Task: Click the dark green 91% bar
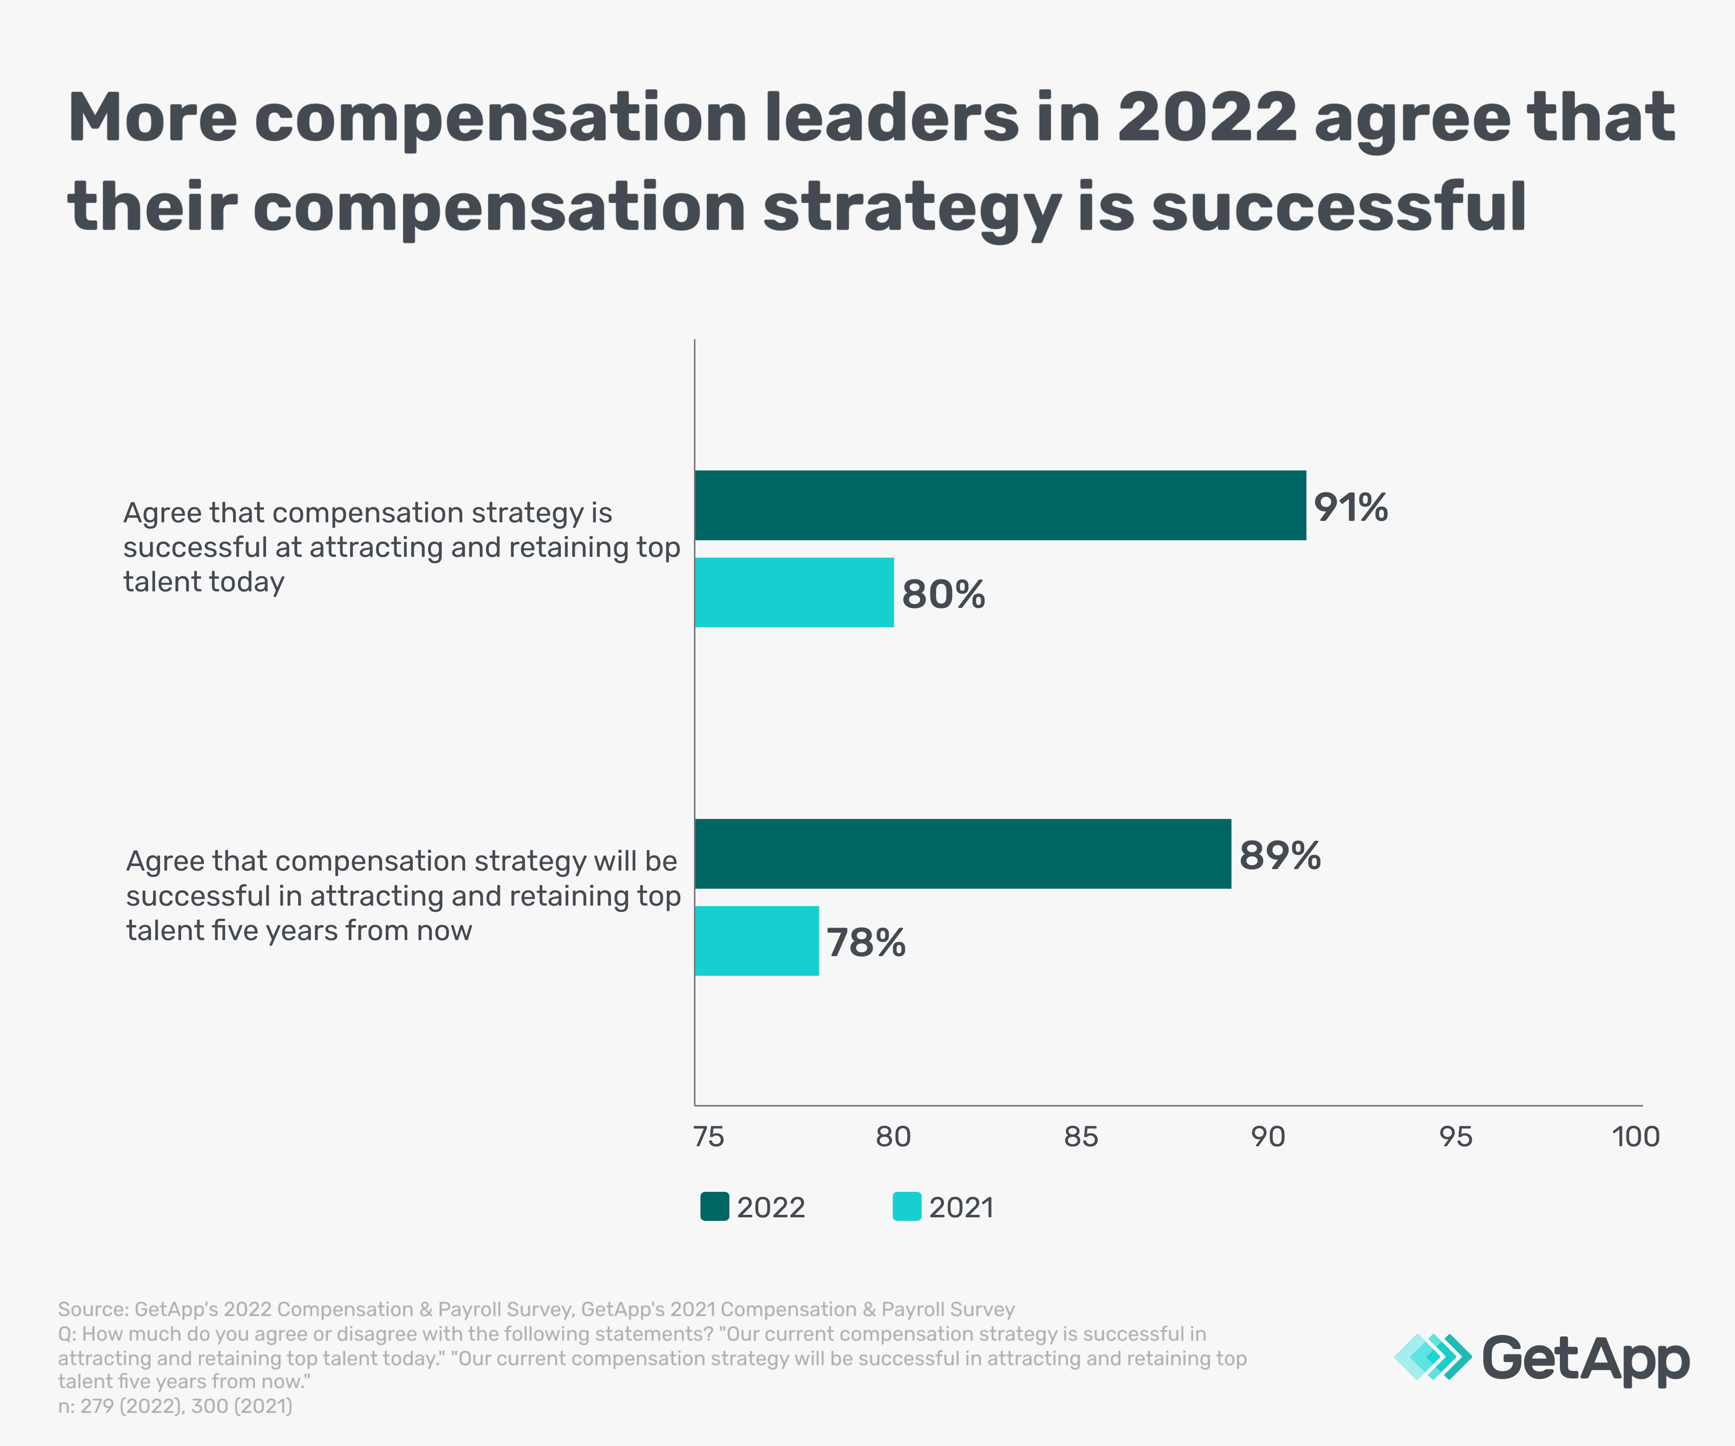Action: [1000, 506]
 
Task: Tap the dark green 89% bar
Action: [963, 854]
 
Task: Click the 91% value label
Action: [1351, 507]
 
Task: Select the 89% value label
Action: [1280, 856]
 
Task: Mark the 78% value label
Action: [866, 943]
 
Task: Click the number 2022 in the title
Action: [1207, 118]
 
